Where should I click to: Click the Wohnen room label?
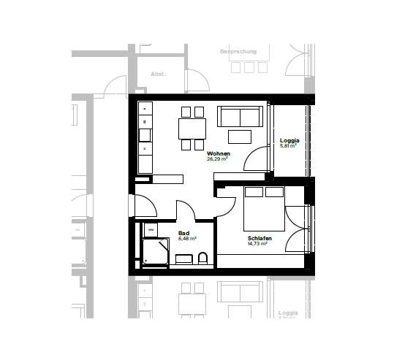(x=219, y=153)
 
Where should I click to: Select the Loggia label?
(x=289, y=140)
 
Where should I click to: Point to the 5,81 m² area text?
(x=289, y=146)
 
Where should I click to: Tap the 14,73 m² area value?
(x=257, y=244)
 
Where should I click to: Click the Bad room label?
(x=183, y=233)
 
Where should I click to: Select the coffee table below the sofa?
(x=240, y=137)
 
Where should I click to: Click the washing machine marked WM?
(x=151, y=229)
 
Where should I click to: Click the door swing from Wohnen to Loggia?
(x=256, y=161)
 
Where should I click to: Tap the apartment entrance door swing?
(x=145, y=206)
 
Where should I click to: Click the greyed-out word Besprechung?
(x=240, y=52)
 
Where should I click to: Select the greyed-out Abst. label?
(x=158, y=74)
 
